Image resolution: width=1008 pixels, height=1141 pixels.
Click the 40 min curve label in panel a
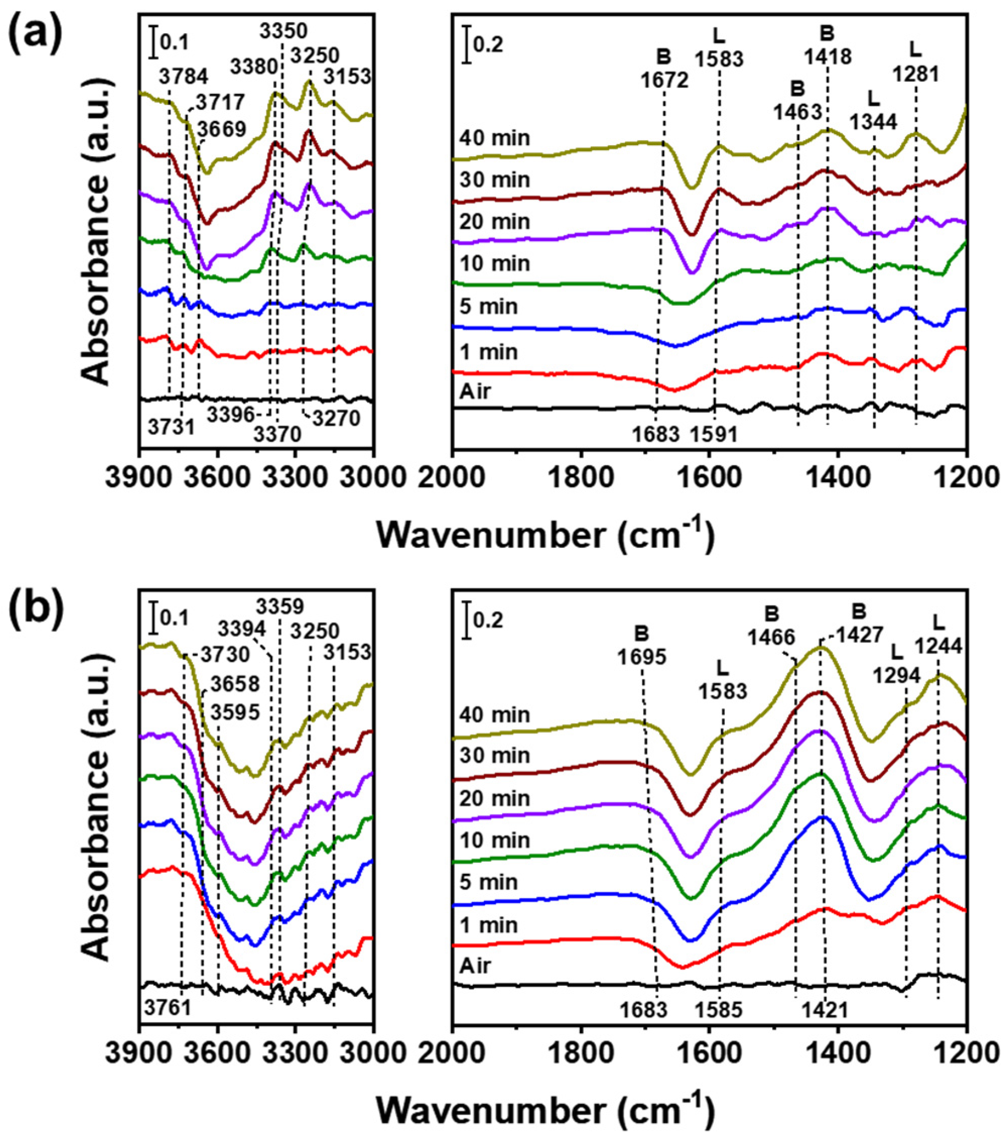495,138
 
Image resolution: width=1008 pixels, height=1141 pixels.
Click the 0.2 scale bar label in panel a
488,43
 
